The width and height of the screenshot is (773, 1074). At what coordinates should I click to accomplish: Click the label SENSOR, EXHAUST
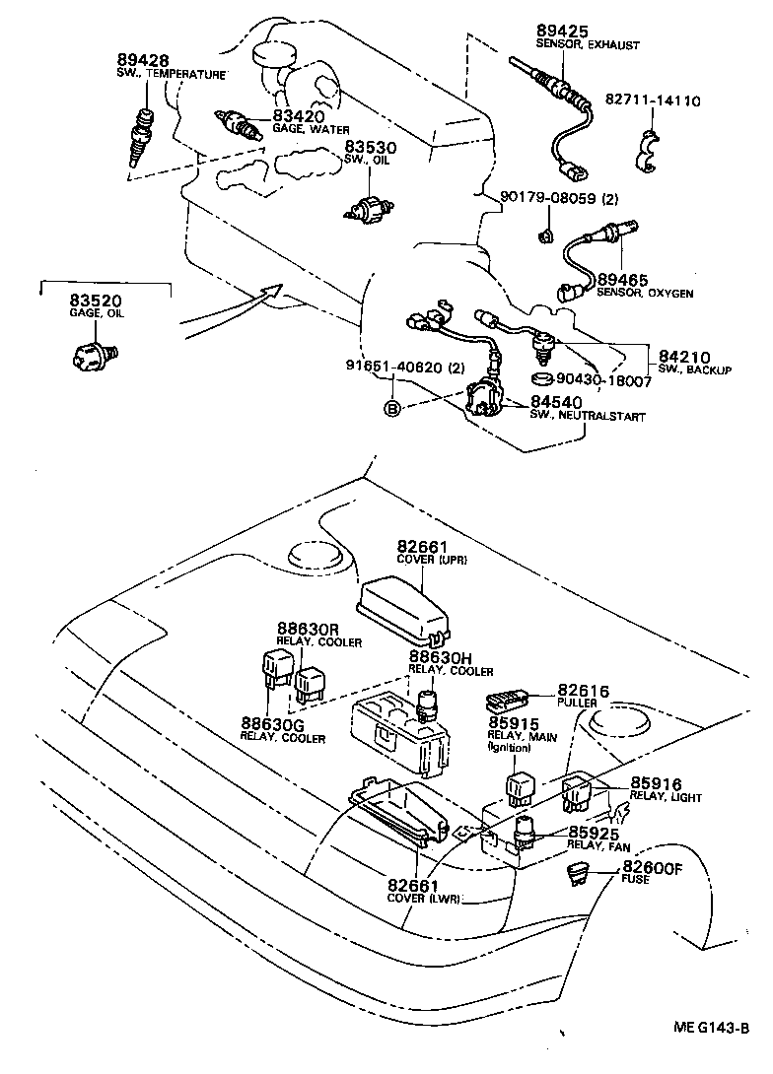click(588, 45)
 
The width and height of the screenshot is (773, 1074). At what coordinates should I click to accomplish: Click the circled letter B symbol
click(391, 408)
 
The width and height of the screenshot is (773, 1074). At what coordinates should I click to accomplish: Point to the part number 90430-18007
click(603, 380)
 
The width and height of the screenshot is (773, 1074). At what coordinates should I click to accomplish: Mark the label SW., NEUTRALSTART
click(588, 417)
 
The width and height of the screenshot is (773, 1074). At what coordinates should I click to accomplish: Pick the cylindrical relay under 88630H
click(427, 704)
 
